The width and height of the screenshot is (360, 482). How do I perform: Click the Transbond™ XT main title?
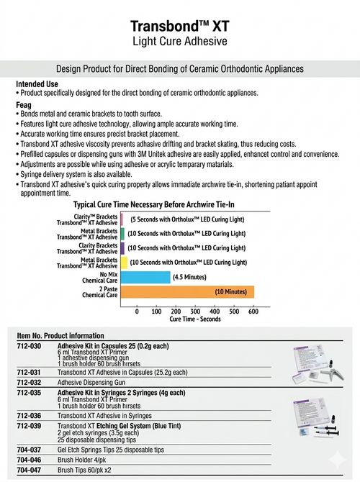pos(179,26)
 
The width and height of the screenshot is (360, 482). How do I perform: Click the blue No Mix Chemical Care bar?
pos(145,277)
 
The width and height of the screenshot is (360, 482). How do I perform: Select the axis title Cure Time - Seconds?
pos(194,319)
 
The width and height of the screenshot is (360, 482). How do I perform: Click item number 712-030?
pos(30,346)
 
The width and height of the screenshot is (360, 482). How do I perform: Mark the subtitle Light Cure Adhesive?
pos(179,41)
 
